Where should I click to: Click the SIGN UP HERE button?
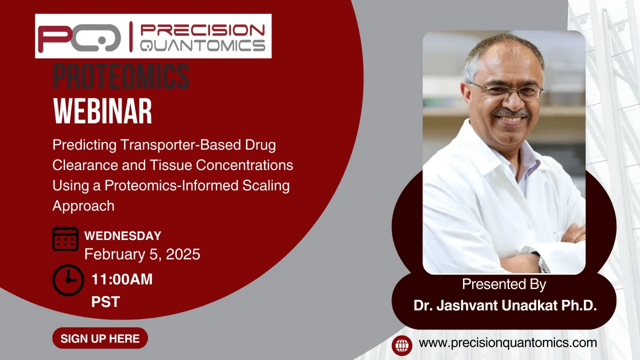[100, 338]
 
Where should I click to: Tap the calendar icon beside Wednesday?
[65, 239]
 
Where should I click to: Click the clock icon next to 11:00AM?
[68, 280]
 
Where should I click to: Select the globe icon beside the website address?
[402, 345]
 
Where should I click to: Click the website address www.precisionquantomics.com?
[507, 343]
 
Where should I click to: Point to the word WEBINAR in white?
[102, 111]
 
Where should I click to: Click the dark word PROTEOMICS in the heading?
[121, 76]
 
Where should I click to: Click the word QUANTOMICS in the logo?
[202, 45]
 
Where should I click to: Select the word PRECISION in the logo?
[202, 30]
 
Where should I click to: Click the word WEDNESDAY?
[123, 236]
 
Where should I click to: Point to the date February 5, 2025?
[142, 254]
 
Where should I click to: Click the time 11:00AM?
[122, 279]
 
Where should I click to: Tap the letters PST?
[105, 302]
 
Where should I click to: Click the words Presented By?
[504, 284]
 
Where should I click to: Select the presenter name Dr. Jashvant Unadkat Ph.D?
[505, 305]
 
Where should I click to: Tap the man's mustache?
[511, 112]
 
